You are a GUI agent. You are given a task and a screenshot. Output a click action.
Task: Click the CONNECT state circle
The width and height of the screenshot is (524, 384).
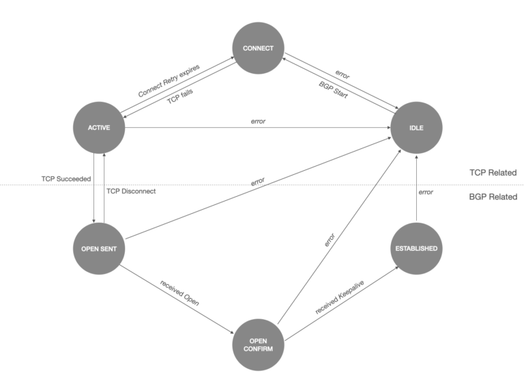tap(258, 49)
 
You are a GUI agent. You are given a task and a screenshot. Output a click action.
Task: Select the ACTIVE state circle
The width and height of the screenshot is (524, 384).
tap(100, 128)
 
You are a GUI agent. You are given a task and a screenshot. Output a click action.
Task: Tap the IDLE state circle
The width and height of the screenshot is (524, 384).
tap(416, 128)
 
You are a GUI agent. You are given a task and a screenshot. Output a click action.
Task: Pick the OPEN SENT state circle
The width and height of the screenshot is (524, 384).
tap(100, 248)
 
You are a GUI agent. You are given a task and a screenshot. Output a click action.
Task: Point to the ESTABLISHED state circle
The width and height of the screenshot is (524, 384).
tap(416, 248)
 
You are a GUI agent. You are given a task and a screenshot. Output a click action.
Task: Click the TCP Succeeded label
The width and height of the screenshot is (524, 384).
tap(65, 179)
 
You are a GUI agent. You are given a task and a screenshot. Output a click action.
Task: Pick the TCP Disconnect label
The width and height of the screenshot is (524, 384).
tap(131, 191)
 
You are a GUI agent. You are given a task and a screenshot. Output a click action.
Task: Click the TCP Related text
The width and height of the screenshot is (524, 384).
tap(493, 173)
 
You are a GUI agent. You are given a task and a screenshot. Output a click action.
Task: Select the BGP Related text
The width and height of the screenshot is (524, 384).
tap(493, 197)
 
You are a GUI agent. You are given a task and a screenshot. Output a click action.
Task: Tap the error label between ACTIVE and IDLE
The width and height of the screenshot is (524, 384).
tap(258, 122)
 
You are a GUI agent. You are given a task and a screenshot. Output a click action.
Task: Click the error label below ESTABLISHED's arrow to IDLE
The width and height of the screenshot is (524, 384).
tap(426, 192)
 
